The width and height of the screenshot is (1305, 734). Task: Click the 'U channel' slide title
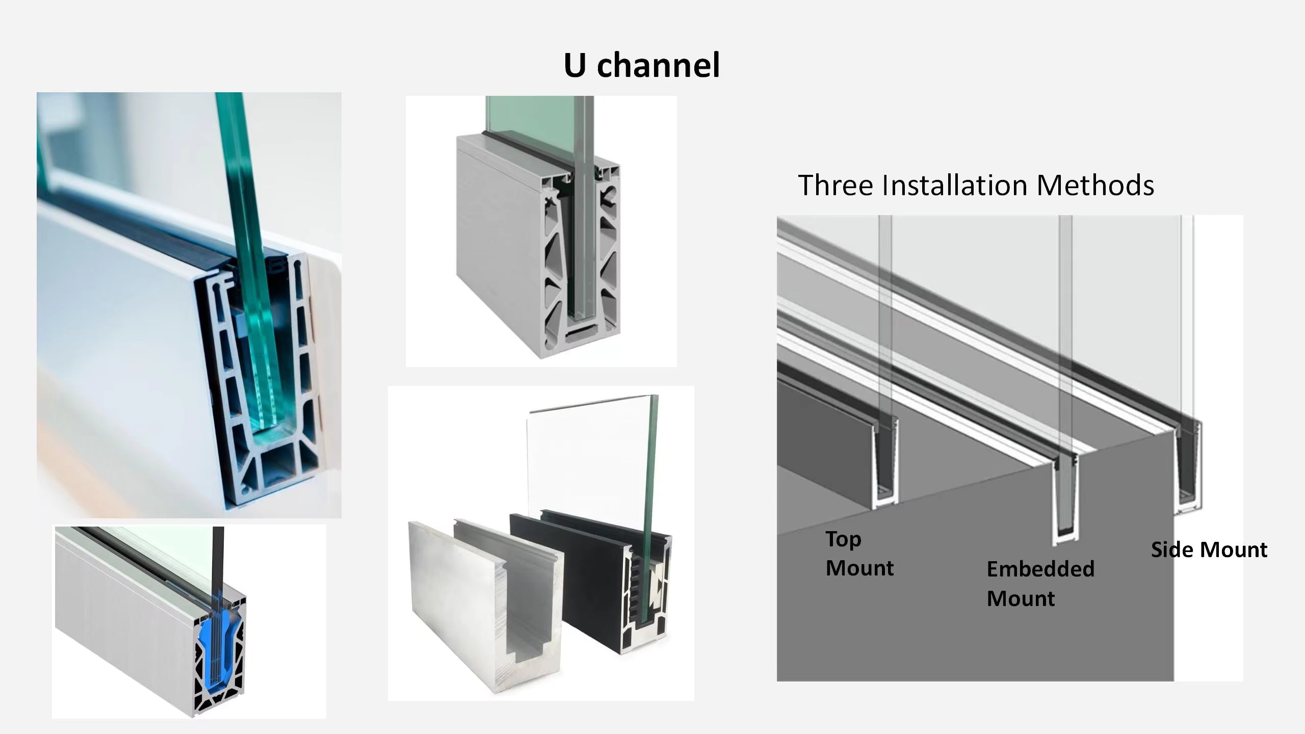pos(641,65)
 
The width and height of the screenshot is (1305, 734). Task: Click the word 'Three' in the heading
pos(836,185)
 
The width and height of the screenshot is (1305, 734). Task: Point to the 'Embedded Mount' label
pos(1040,583)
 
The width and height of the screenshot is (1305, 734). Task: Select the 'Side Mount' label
pos(1209,549)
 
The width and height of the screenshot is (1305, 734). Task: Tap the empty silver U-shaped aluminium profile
pos(484,607)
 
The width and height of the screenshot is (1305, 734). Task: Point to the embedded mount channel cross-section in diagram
pos(1064,500)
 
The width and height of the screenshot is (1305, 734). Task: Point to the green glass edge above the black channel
pos(651,459)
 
